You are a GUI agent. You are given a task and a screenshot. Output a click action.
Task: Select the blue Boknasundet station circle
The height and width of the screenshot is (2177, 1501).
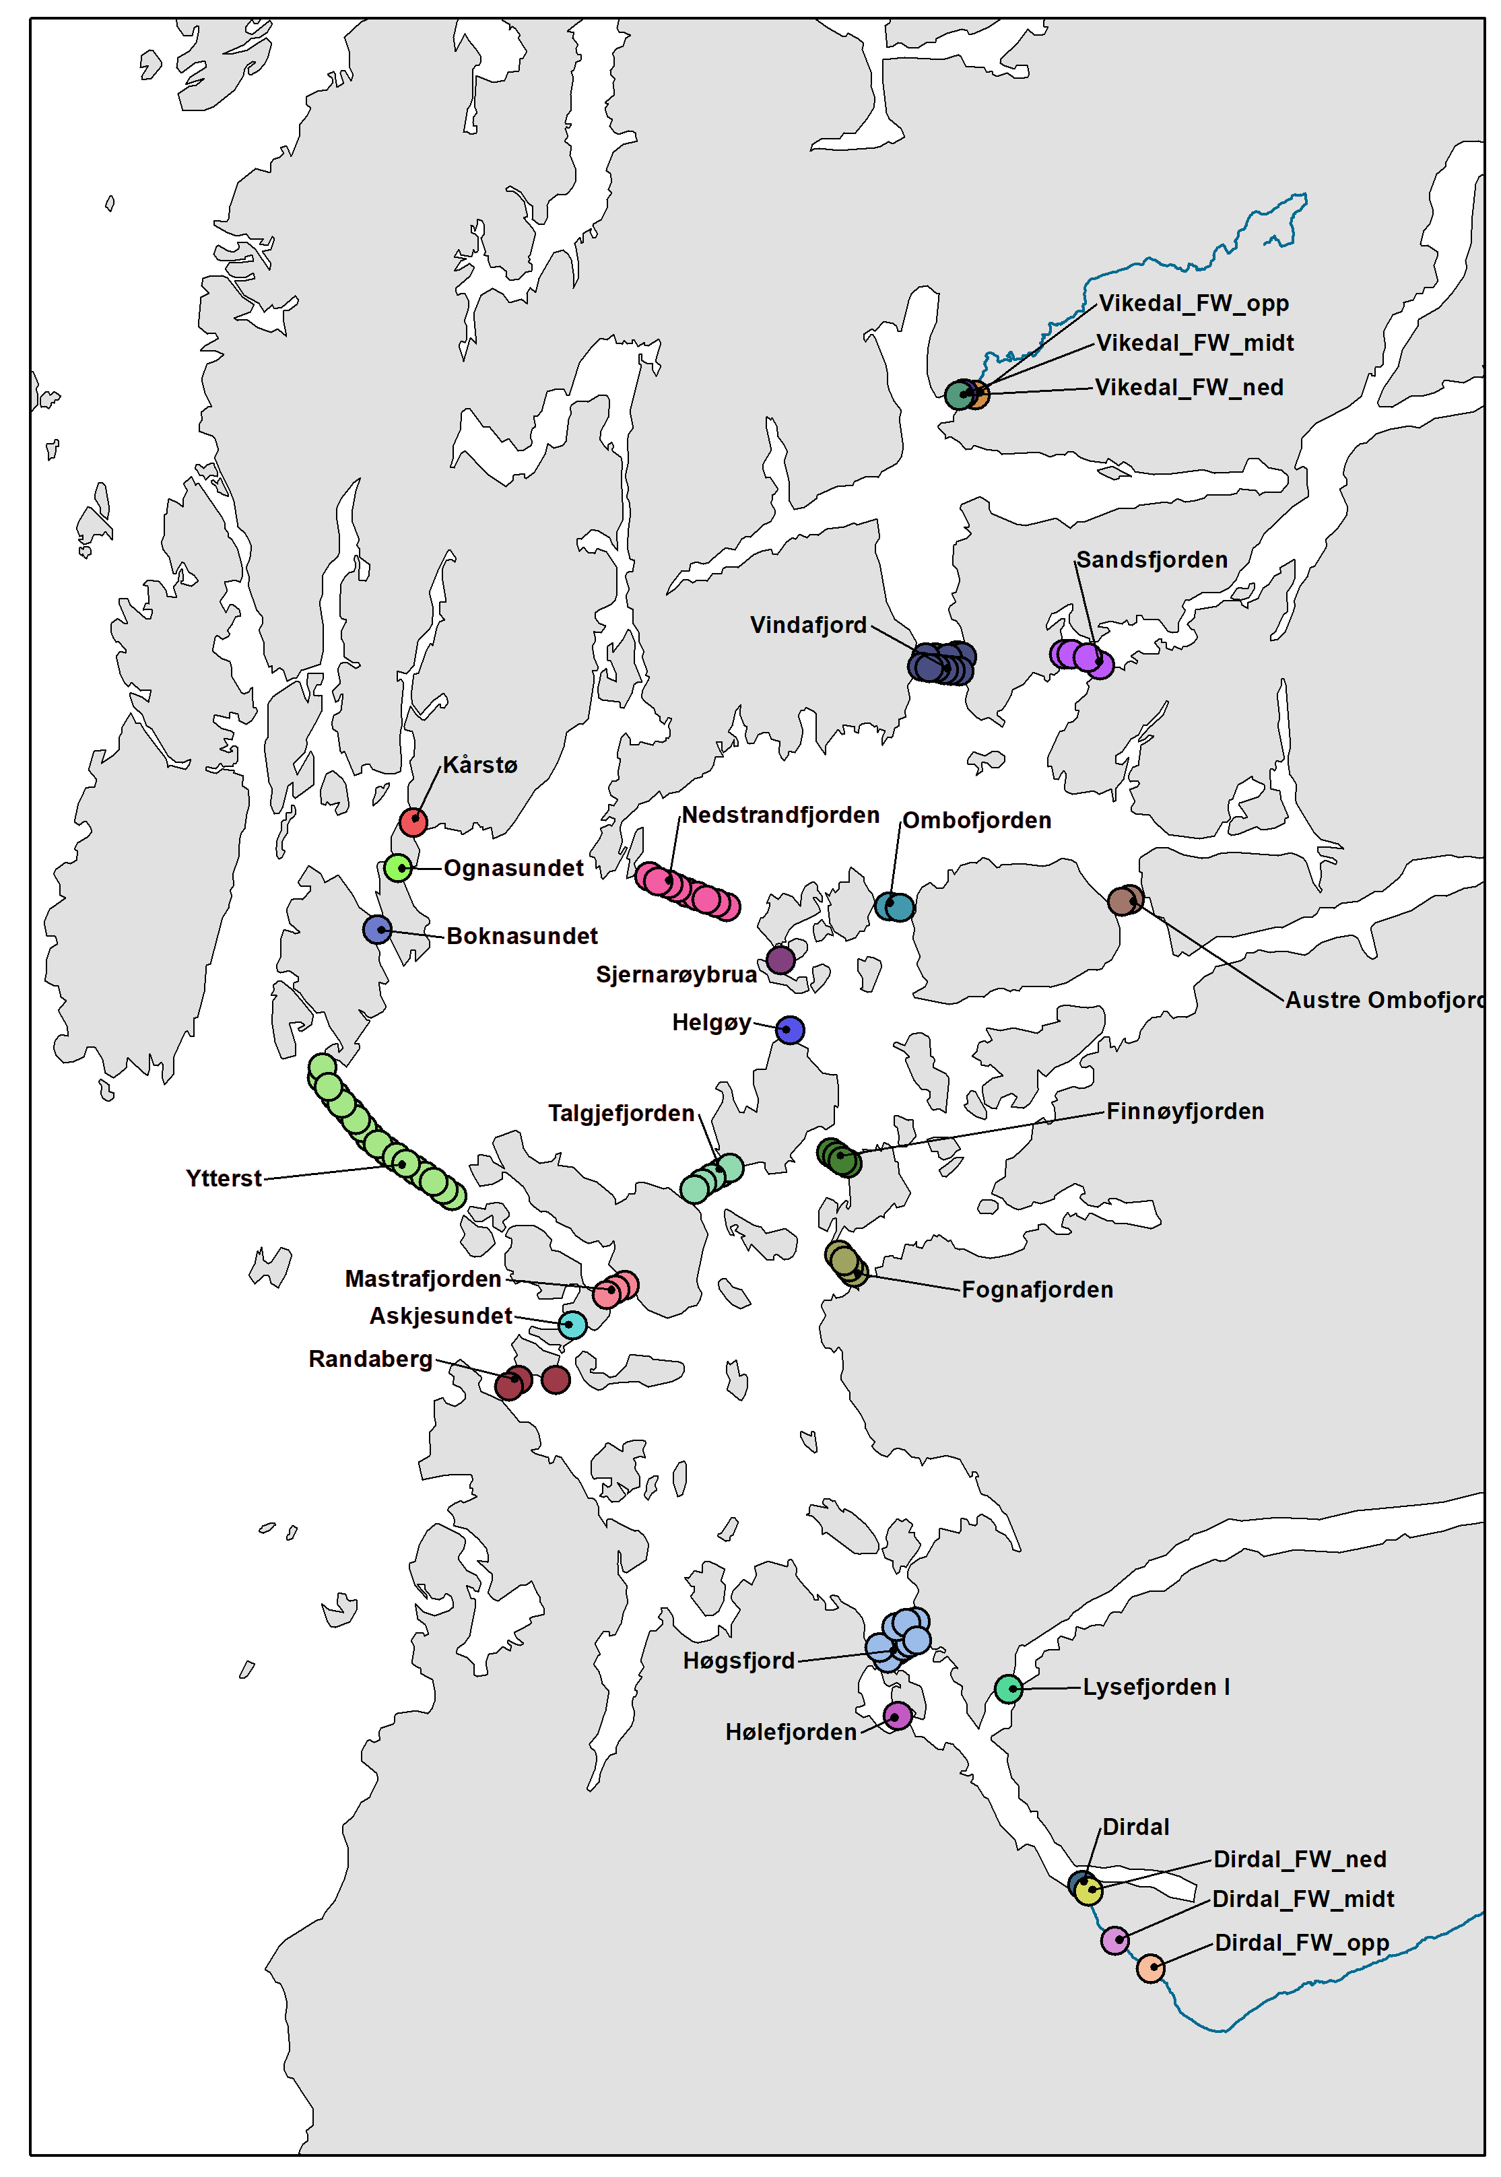point(377,929)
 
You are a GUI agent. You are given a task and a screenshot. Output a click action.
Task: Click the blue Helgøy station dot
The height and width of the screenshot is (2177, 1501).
point(790,1030)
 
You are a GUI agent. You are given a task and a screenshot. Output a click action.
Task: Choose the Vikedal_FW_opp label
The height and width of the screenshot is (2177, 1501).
point(1193,303)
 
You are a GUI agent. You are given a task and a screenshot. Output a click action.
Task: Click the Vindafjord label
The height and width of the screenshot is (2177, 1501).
point(808,624)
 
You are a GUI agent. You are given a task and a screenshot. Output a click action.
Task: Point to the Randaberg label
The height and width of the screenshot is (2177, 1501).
point(370,1359)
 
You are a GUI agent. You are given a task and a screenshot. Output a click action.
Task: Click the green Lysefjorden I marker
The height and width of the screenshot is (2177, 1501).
point(1008,1688)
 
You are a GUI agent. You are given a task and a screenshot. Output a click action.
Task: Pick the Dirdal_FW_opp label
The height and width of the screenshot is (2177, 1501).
point(1302,1942)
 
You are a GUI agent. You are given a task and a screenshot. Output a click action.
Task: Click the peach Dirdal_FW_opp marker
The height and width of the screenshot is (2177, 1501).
point(1150,1968)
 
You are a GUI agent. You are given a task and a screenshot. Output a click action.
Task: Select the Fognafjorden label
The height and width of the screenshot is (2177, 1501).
point(1036,1290)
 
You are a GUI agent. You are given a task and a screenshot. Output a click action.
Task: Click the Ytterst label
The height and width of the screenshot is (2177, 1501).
point(224,1178)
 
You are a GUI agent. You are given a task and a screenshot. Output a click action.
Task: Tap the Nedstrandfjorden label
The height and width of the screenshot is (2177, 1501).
point(780,814)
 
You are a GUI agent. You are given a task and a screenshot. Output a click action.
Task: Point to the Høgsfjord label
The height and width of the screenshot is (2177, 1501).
point(739,1661)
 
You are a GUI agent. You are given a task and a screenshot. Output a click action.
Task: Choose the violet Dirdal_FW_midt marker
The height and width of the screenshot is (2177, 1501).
point(1114,1940)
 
